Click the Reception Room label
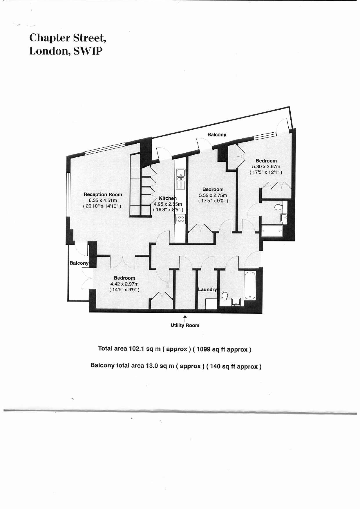pos(103,194)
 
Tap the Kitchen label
pos(168,198)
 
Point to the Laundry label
pos(207,289)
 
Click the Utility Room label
pos(185,325)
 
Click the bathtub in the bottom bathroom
pos(250,286)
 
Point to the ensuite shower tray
pos(272,231)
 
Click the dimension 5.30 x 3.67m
pos(266,167)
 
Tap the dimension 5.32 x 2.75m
pos(213,195)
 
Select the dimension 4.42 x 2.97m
pos(124,284)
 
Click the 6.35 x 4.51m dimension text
pos(103,200)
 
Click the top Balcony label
pos(217,135)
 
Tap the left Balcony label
pos(79,263)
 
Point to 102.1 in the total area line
pos(137,349)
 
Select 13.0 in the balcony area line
pos(151,365)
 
